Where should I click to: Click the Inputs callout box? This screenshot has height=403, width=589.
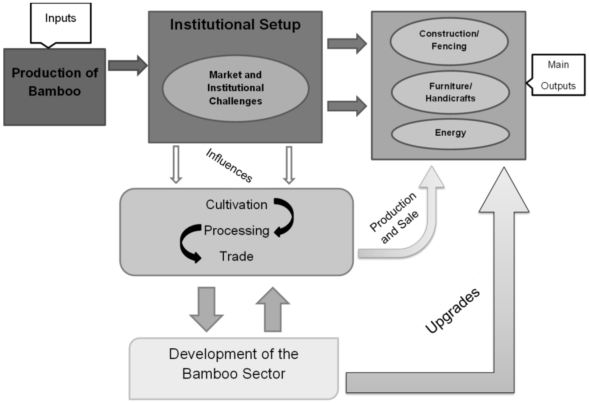click(x=61, y=23)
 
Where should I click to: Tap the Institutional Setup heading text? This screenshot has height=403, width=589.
click(x=235, y=25)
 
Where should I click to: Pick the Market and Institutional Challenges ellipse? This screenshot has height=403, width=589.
click(x=235, y=88)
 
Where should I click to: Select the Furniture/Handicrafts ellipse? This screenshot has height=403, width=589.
click(x=450, y=92)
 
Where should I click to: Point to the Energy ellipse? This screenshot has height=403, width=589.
click(x=450, y=133)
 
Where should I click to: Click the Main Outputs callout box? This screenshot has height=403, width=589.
click(x=558, y=75)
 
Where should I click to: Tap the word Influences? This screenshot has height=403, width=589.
click(x=229, y=165)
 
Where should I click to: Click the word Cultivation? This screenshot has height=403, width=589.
click(x=236, y=205)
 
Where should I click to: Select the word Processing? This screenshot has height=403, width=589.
click(x=236, y=231)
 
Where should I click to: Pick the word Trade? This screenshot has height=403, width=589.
click(x=236, y=256)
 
